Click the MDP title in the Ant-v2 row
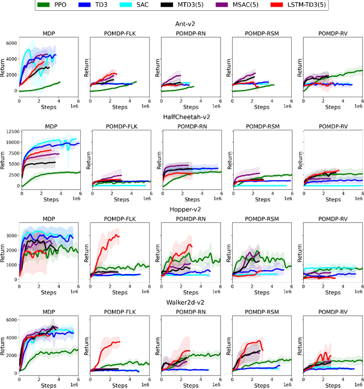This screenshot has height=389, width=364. (x=48, y=34)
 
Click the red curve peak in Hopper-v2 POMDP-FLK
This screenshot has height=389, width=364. (x=117, y=234)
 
